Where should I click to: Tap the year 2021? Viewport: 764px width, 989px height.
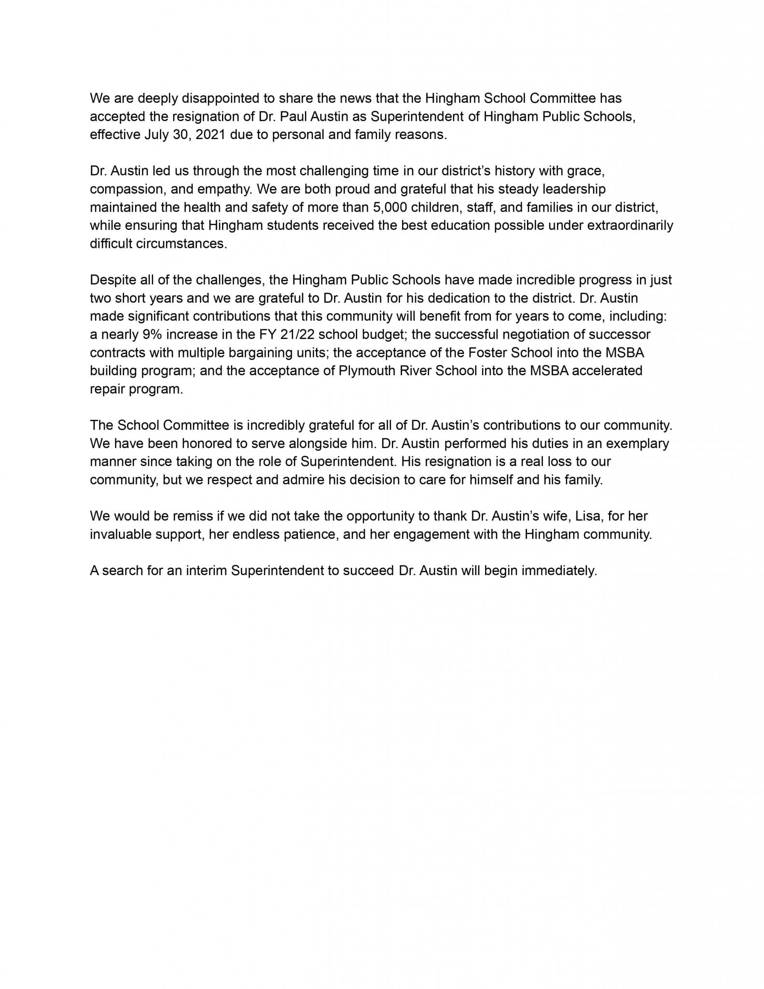pyautogui.click(x=210, y=135)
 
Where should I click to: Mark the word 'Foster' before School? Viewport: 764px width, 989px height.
pyautogui.click(x=488, y=353)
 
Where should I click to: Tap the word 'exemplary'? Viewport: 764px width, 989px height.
pyautogui.click(x=638, y=444)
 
